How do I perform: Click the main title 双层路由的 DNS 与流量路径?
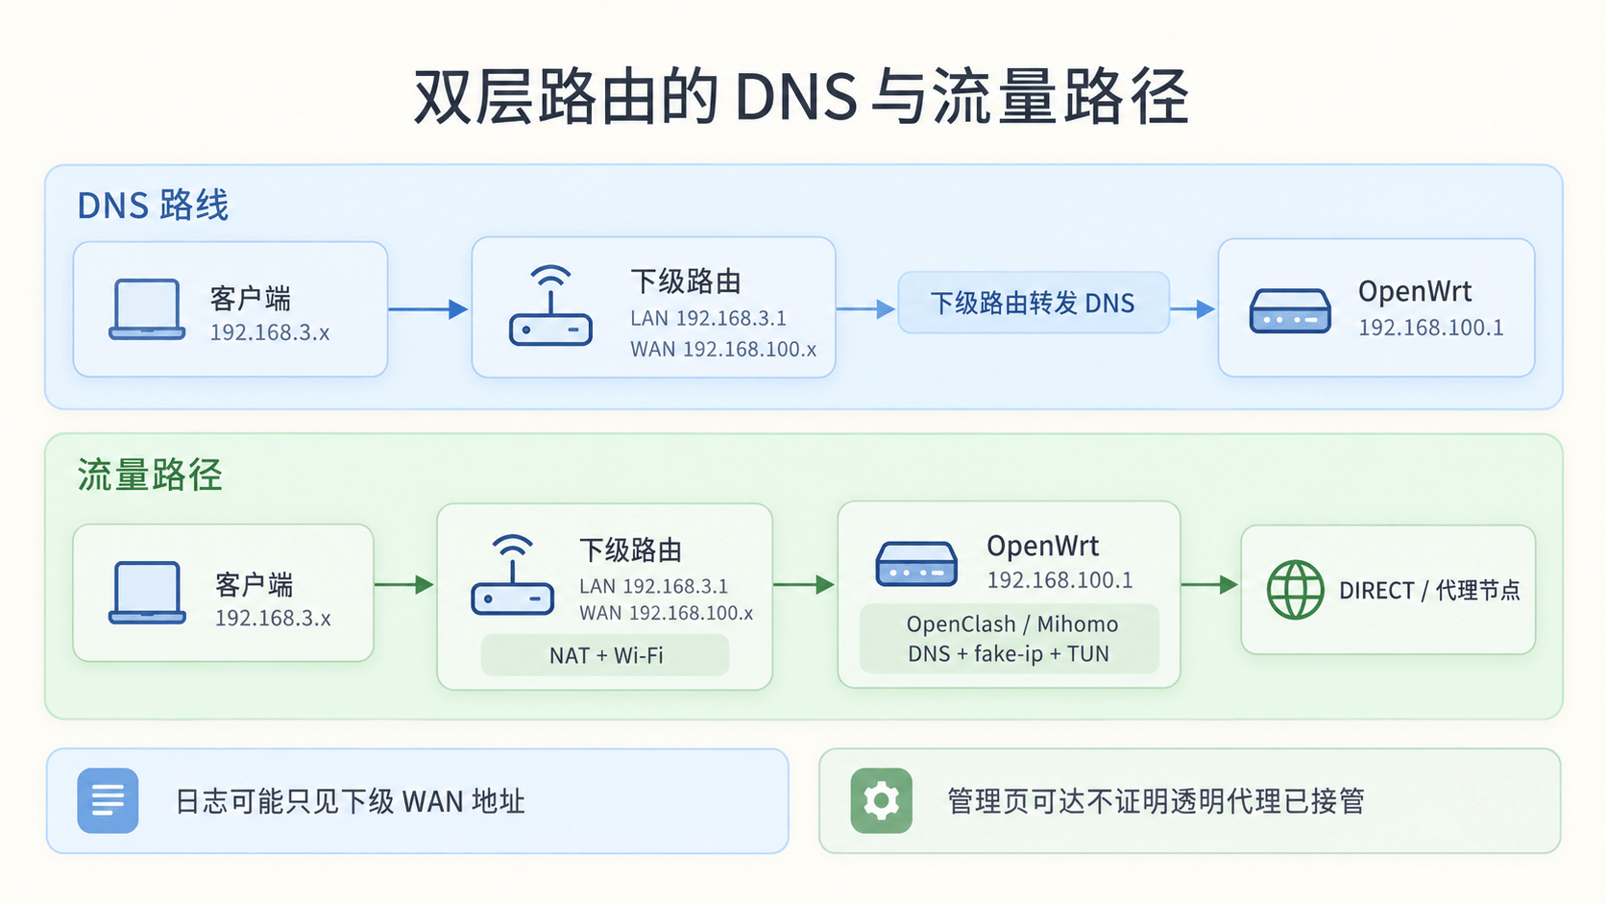pyautogui.click(x=802, y=97)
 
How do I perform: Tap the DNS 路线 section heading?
pyautogui.click(x=153, y=205)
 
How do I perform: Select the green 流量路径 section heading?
pyautogui.click(x=150, y=475)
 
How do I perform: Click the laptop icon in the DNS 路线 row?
pyautogui.click(x=147, y=309)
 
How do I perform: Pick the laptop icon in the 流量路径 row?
pyautogui.click(x=147, y=592)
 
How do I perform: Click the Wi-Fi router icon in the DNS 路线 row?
pyautogui.click(x=550, y=306)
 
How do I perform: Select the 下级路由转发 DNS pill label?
pyautogui.click(x=1033, y=304)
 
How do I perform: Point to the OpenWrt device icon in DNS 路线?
pyautogui.click(x=1290, y=310)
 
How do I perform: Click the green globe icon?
pyautogui.click(x=1295, y=589)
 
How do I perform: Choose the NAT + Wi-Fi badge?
pyautogui.click(x=606, y=655)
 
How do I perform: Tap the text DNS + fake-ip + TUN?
pyautogui.click(x=1008, y=654)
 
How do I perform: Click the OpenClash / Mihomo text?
pyautogui.click(x=1011, y=624)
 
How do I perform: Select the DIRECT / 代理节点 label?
pyautogui.click(x=1429, y=590)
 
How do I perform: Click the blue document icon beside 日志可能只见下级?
pyautogui.click(x=108, y=801)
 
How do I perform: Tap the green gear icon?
pyautogui.click(x=881, y=801)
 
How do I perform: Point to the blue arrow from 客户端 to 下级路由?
pyautogui.click(x=428, y=309)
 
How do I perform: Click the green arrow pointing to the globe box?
pyautogui.click(x=1209, y=584)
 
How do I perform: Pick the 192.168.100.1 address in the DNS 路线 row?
pyautogui.click(x=1430, y=328)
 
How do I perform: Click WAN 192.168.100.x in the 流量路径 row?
pyautogui.click(x=666, y=613)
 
